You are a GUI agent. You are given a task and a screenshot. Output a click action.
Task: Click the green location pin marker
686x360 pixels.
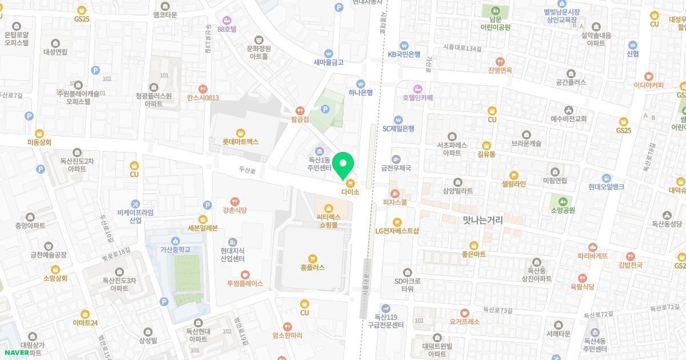(x=342, y=166)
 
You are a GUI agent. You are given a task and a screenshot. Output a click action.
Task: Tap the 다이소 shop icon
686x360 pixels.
(x=350, y=183)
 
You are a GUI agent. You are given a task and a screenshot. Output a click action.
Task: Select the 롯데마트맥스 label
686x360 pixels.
(x=241, y=141)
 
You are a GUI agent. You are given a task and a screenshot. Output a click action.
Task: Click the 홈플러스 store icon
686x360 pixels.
(x=312, y=258)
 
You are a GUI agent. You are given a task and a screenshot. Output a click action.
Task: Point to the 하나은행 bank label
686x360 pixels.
(x=361, y=92)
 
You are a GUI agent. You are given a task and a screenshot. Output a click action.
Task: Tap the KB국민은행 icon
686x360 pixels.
(x=404, y=45)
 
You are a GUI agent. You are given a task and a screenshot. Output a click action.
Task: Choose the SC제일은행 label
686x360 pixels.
(x=398, y=129)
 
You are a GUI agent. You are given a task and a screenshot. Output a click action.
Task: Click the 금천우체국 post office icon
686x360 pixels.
(x=396, y=159)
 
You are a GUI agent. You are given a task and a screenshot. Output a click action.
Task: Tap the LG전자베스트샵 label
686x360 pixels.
(x=397, y=231)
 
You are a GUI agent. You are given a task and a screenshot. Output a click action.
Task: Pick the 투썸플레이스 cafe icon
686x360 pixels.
(x=245, y=274)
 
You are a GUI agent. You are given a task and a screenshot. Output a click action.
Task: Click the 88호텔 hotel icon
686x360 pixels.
(x=227, y=20)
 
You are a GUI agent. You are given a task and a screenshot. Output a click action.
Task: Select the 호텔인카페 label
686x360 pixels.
(x=418, y=98)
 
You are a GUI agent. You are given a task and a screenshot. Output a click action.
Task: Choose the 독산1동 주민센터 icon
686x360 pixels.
(x=319, y=150)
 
